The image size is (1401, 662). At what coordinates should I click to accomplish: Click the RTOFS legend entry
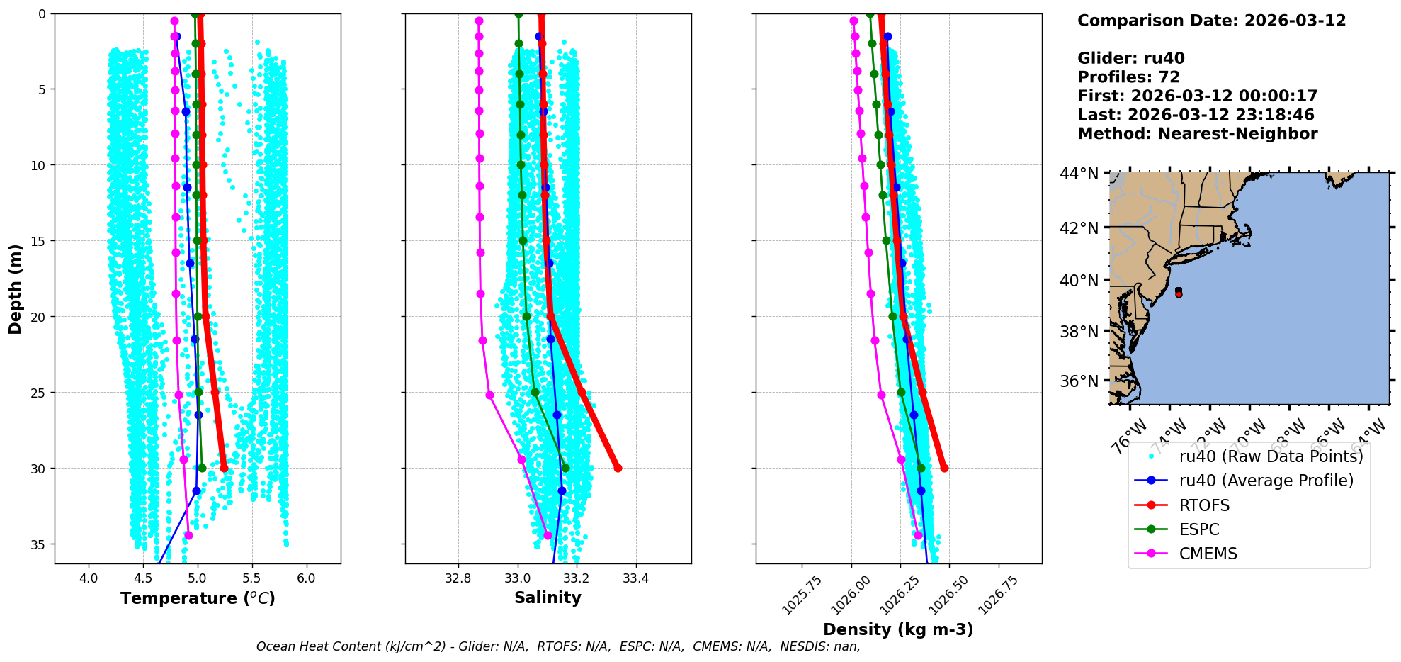(x=1204, y=505)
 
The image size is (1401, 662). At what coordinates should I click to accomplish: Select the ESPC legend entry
(x=1199, y=529)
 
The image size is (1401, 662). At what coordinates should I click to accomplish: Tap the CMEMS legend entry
(x=1208, y=554)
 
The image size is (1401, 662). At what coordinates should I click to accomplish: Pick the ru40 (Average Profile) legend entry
(x=1266, y=481)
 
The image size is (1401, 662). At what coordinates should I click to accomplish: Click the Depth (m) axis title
(x=15, y=289)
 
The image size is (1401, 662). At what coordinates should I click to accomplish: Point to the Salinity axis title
(x=548, y=598)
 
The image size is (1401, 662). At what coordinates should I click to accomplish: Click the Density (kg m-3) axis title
(x=898, y=629)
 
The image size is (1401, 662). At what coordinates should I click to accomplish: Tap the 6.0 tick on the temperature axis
(x=306, y=578)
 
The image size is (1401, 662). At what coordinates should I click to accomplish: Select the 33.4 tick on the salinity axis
(x=635, y=578)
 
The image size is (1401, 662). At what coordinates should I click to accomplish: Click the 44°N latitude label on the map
(x=1079, y=174)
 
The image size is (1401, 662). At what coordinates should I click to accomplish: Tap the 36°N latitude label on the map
(x=1079, y=381)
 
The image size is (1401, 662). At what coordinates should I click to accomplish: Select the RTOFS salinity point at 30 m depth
(x=618, y=468)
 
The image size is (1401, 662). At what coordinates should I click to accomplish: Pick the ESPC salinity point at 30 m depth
(x=565, y=468)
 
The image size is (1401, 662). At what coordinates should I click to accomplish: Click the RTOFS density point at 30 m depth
(x=944, y=468)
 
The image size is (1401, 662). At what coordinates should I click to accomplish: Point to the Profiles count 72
(x=1169, y=77)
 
